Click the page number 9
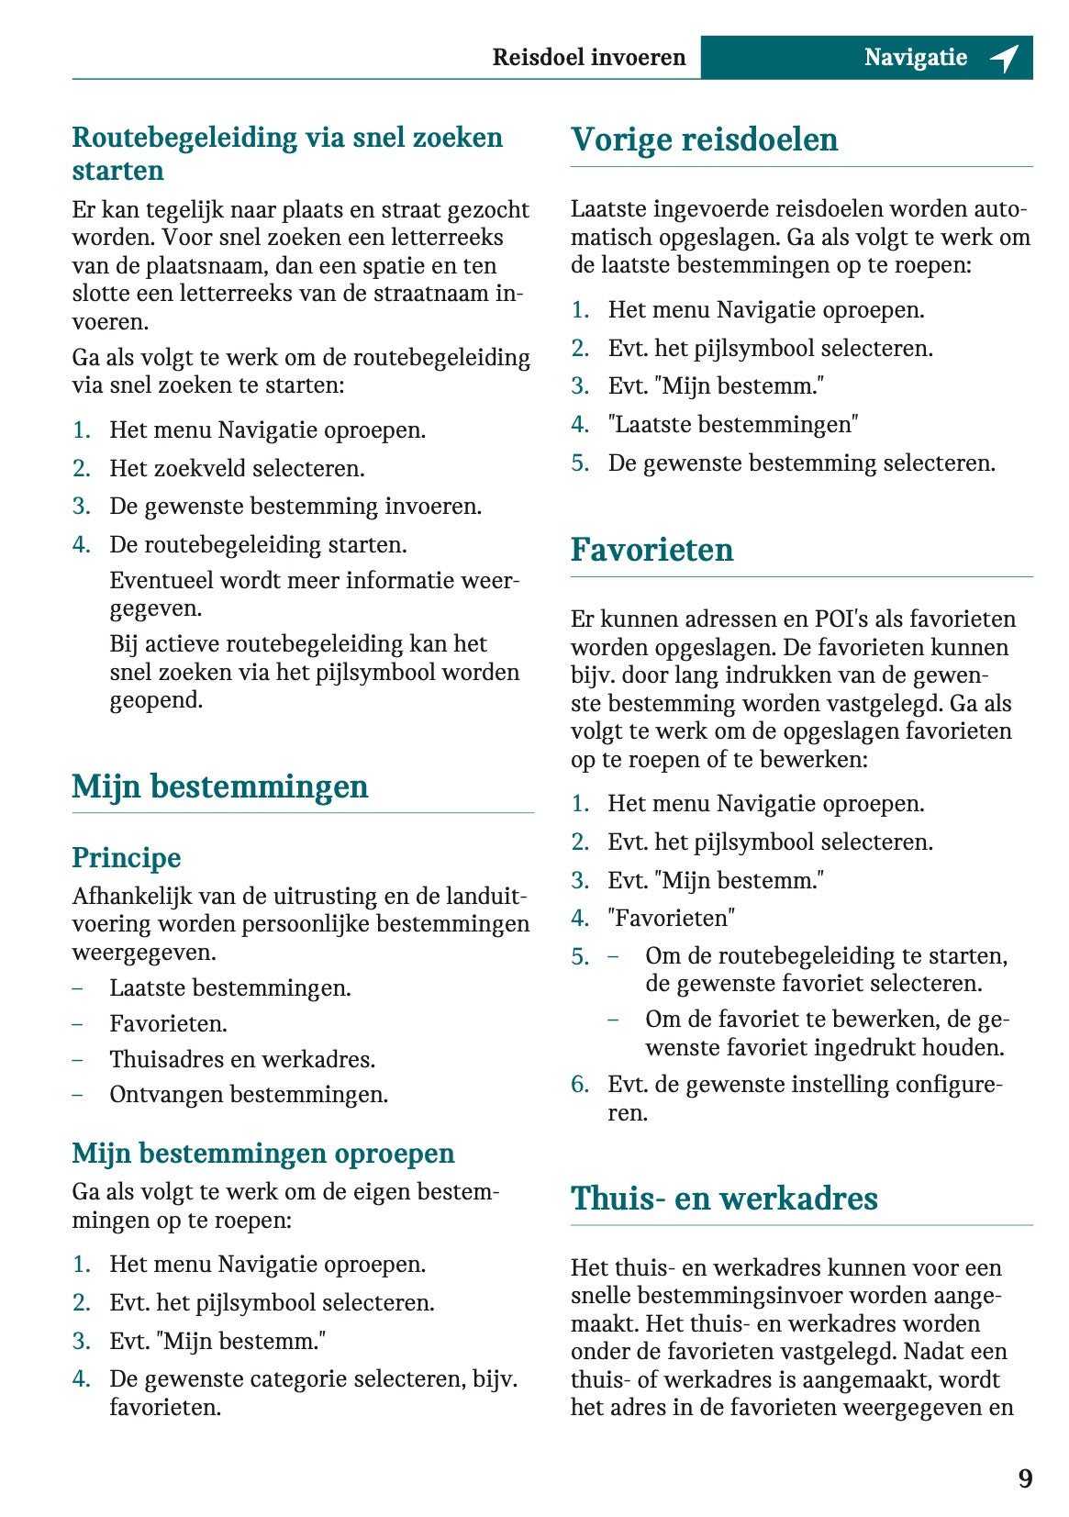pyautogui.click(x=1025, y=1478)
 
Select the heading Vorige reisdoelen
pyautogui.click(x=704, y=139)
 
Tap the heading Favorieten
pyautogui.click(x=651, y=550)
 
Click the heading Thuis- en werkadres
pyautogui.click(x=724, y=1199)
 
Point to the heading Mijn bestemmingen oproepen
pyautogui.click(x=263, y=1153)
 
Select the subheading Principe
pyautogui.click(x=127, y=857)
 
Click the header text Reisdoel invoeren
pyautogui.click(x=588, y=58)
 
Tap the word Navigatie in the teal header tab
pyautogui.click(x=915, y=58)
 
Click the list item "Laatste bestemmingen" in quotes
pyautogui.click(x=733, y=425)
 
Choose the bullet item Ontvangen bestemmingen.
pyautogui.click(x=249, y=1095)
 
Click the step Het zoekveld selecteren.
pyautogui.click(x=237, y=469)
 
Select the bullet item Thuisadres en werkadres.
pyautogui.click(x=242, y=1059)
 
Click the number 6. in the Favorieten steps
pyautogui.click(x=580, y=1085)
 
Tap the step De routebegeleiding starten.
pyautogui.click(x=258, y=545)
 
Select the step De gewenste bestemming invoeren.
pyautogui.click(x=295, y=507)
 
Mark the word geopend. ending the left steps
pyautogui.click(x=156, y=700)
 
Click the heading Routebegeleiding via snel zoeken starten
pyautogui.click(x=287, y=153)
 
